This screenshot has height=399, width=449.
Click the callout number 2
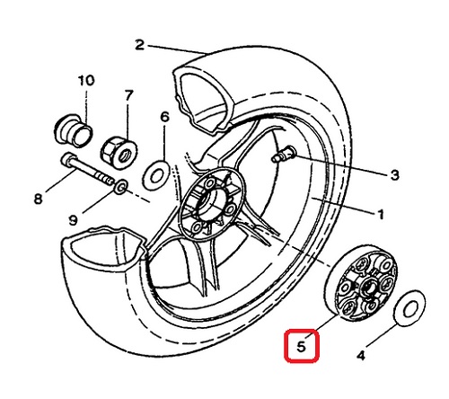click(x=140, y=45)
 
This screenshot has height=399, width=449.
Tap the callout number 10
click(x=86, y=80)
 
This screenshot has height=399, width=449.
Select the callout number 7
click(x=128, y=96)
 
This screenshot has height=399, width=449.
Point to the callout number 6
click(x=165, y=117)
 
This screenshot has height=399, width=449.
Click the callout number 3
click(x=395, y=174)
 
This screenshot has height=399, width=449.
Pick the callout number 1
click(x=380, y=215)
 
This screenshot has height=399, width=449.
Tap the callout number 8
click(x=38, y=199)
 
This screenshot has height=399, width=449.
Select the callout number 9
click(x=73, y=221)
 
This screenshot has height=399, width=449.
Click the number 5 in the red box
click(x=301, y=347)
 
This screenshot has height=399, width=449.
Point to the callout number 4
click(x=361, y=356)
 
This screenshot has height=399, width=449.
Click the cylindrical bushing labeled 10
click(x=74, y=130)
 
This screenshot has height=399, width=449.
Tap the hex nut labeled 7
click(x=119, y=152)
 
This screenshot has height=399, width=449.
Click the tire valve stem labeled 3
click(x=283, y=155)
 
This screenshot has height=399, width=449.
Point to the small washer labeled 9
click(x=121, y=187)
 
